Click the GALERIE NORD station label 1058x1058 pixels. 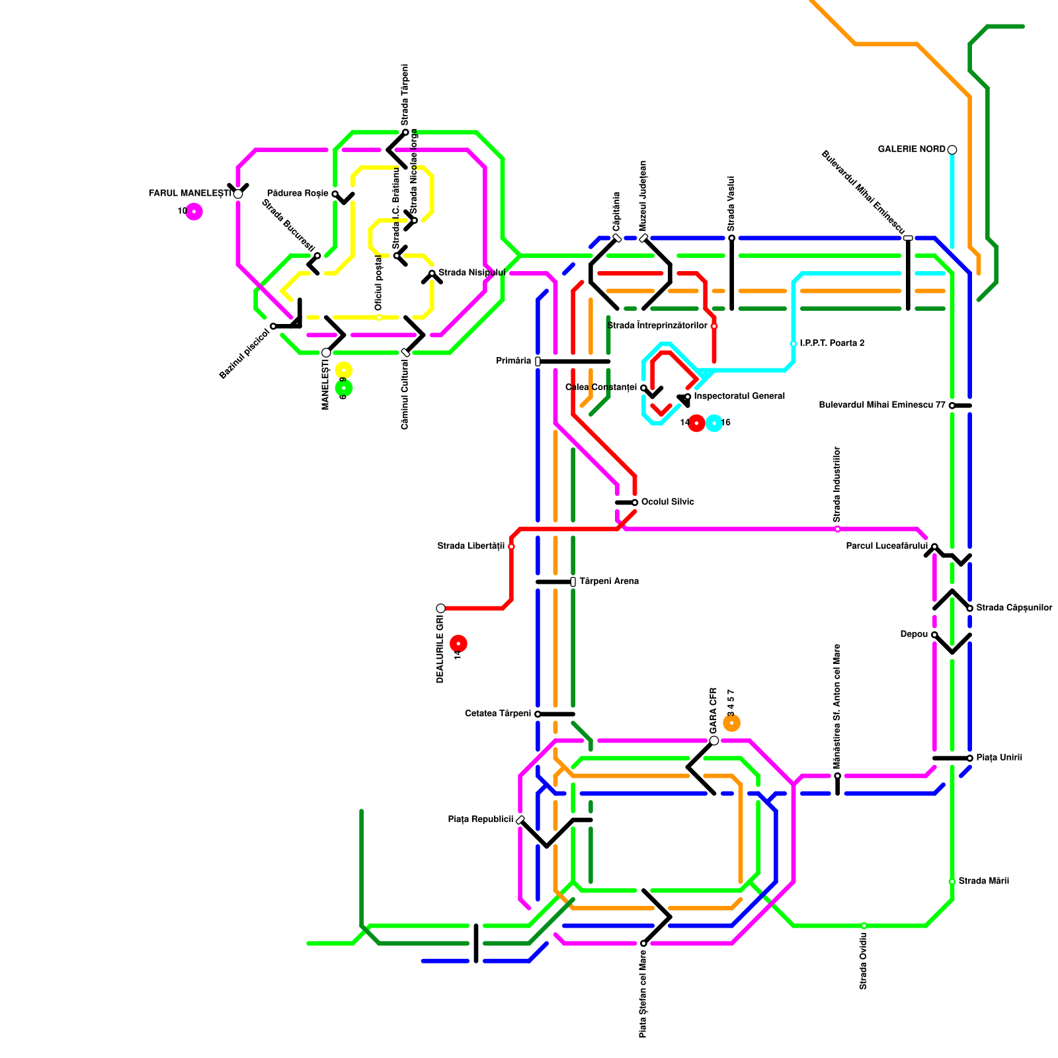coord(911,149)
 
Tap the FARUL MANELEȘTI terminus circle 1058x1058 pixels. coord(238,194)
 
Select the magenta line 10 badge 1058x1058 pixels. coord(194,212)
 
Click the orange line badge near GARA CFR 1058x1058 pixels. coord(731,723)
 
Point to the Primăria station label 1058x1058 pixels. coord(514,361)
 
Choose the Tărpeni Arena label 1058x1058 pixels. coord(609,582)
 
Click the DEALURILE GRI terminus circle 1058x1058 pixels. coord(441,608)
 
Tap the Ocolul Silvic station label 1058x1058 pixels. coord(668,503)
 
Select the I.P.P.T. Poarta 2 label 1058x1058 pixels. coord(832,344)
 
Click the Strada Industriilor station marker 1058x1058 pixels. coord(838,529)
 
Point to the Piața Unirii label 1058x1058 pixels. coord(999,758)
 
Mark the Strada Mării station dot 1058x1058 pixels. coord(952,881)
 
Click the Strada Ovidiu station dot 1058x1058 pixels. coord(864,926)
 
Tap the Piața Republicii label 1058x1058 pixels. coord(481,820)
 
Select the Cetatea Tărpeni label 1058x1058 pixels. coord(498,714)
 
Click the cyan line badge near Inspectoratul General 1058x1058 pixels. coord(714,423)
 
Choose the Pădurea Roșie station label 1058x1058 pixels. coord(298,194)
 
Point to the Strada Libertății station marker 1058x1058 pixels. coord(511,547)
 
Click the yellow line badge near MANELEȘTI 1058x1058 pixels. coord(344,370)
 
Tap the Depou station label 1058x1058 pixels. coord(914,635)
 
